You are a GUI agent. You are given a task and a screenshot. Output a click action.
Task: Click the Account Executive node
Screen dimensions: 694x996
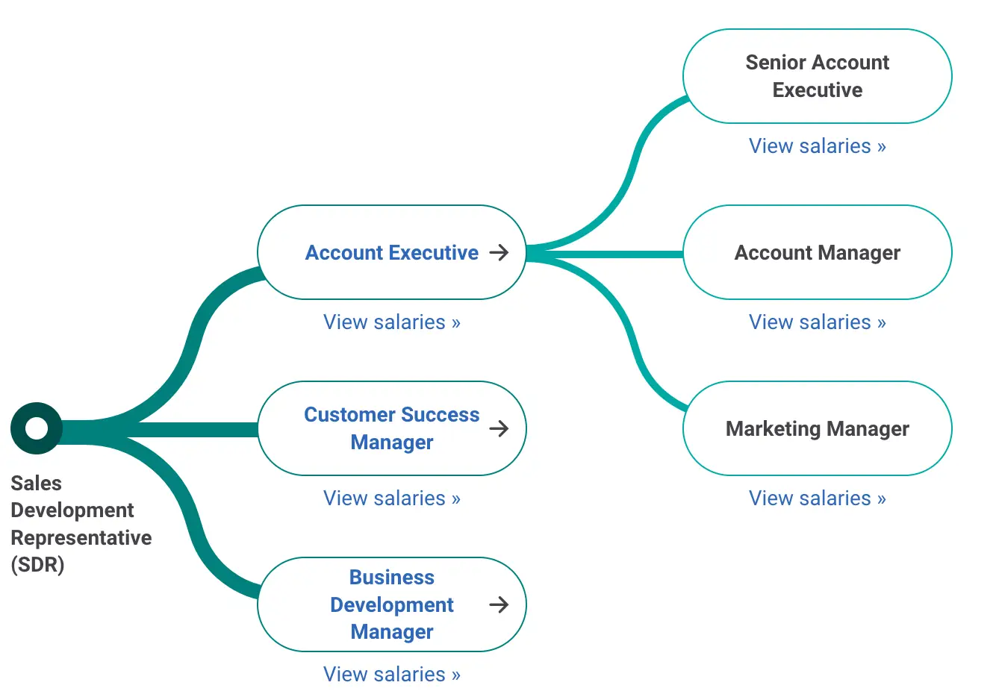[391, 253]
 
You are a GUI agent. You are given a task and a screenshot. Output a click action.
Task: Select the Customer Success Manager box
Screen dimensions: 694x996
[391, 428]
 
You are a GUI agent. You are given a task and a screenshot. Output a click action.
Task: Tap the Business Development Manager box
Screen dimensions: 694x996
[391, 604]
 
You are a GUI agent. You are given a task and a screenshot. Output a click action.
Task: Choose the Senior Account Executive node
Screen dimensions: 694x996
[817, 76]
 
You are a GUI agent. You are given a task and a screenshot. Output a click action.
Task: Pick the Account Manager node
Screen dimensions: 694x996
[817, 253]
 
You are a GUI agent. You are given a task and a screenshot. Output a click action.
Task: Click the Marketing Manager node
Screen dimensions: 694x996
[817, 428]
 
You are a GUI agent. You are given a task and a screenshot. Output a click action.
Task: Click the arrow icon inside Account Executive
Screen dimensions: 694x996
[499, 253]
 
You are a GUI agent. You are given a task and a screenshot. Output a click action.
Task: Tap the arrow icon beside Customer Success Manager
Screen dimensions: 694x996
[499, 428]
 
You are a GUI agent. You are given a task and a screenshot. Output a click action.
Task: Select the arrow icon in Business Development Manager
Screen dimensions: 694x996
[499, 604]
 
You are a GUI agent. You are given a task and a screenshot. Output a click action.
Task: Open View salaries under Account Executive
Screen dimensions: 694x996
[391, 322]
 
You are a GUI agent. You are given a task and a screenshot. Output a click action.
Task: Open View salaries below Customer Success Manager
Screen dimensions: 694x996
[391, 498]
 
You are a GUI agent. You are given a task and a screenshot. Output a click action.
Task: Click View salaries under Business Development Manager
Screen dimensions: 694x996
[391, 675]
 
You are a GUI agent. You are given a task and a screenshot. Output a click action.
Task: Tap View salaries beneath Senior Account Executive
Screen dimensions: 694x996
[817, 146]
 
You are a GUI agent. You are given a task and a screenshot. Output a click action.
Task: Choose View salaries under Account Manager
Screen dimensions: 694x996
[817, 322]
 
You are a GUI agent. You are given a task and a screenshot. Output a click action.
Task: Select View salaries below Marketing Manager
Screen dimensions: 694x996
[817, 498]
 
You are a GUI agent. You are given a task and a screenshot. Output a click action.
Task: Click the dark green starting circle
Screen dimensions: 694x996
[36, 428]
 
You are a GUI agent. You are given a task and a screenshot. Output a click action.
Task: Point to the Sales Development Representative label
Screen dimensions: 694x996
[81, 524]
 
